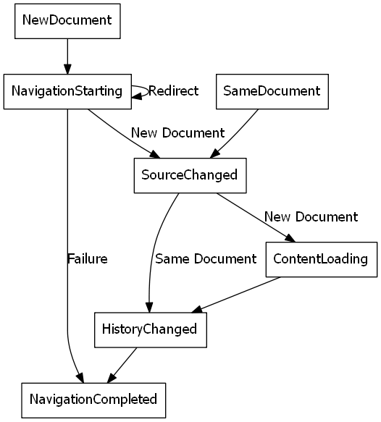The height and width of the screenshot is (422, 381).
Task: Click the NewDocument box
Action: pyautogui.click(x=67, y=20)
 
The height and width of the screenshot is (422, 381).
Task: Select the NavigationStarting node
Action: pyautogui.click(x=67, y=91)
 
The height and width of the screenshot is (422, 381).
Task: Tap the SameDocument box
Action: pyautogui.click(x=272, y=91)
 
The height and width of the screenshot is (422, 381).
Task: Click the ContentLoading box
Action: pyautogui.click(x=321, y=258)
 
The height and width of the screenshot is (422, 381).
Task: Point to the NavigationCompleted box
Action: pyautogui.click(x=93, y=399)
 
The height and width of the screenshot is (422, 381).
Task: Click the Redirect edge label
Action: pyautogui.click(x=174, y=91)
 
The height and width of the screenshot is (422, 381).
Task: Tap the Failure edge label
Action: pyautogui.click(x=87, y=259)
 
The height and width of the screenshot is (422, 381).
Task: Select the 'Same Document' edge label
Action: pyautogui.click(x=206, y=258)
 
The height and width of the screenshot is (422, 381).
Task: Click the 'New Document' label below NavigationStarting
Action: pyautogui.click(x=177, y=133)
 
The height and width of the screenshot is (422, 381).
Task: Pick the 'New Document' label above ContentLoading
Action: pyautogui.click(x=311, y=216)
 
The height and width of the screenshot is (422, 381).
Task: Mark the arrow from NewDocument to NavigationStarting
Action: pyautogui.click(x=67, y=55)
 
